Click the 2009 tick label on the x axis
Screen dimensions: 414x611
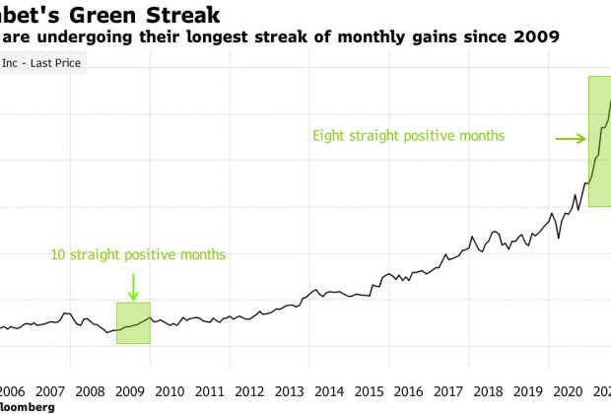click(132, 388)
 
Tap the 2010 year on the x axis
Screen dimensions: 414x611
click(170, 388)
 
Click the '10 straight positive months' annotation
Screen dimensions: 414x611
click(138, 255)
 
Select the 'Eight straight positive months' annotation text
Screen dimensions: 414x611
click(408, 135)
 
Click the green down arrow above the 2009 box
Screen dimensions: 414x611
click(133, 287)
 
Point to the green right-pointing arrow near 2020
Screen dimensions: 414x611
click(571, 140)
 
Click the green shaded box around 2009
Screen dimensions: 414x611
click(133, 323)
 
